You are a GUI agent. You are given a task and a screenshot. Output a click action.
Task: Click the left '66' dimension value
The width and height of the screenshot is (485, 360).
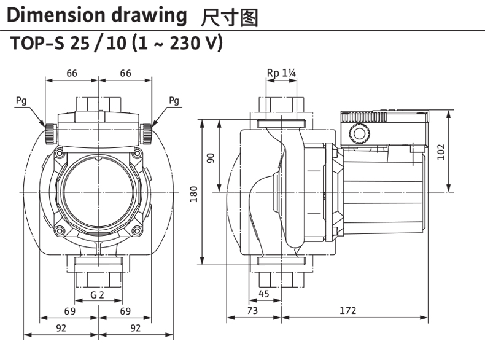[72, 74]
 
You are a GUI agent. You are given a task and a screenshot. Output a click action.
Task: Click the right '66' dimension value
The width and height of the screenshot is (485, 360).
[125, 74]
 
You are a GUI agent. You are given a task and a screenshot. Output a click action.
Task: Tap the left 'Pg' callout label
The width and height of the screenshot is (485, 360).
[21, 100]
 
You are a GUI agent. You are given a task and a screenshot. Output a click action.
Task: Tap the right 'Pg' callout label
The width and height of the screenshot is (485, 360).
[174, 100]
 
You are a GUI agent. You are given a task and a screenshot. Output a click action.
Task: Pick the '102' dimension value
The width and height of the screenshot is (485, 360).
[440, 151]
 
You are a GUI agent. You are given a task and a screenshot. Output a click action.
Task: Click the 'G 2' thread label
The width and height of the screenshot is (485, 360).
[97, 295]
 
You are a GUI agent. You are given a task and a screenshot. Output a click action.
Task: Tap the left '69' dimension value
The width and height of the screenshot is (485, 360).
[70, 311]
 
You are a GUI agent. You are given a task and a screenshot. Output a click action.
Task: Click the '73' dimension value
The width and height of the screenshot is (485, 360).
[252, 311]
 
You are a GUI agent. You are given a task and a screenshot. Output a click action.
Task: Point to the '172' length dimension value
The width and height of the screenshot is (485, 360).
[348, 311]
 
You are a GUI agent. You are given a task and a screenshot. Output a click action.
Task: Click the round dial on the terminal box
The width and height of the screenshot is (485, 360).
[357, 133]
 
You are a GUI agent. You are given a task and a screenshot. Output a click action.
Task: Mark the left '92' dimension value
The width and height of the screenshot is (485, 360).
[61, 327]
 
